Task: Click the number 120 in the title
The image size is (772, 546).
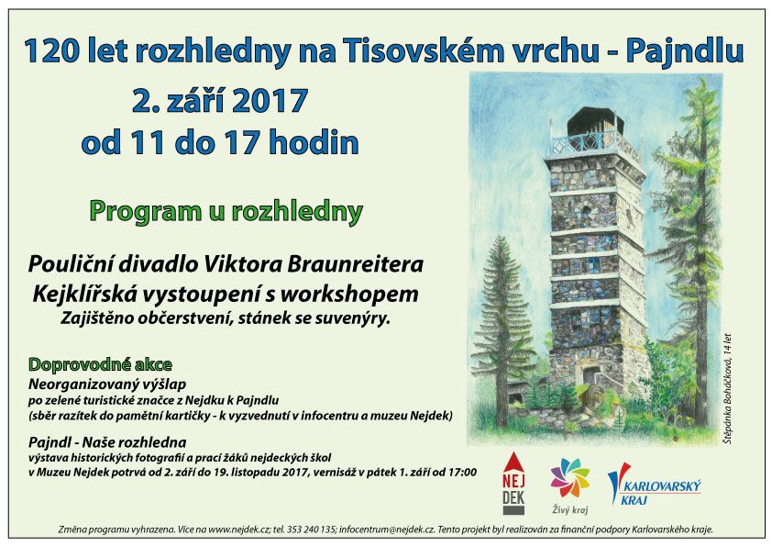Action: (51, 50)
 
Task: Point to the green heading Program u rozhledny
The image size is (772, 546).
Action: (226, 212)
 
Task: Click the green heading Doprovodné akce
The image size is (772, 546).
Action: (101, 364)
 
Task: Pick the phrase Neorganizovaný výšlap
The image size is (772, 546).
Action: (107, 384)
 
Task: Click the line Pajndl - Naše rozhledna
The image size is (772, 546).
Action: (107, 442)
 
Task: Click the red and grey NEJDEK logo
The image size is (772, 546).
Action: (513, 483)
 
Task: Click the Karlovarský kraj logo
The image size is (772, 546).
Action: (654, 485)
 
